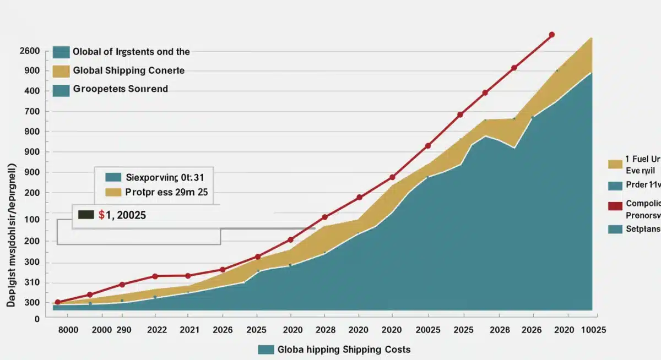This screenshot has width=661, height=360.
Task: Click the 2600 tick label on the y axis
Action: (x=29, y=51)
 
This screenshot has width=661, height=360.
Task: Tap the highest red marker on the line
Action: (x=552, y=35)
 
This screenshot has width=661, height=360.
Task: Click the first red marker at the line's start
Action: (x=57, y=302)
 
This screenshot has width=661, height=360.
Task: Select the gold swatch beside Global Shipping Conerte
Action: (x=62, y=71)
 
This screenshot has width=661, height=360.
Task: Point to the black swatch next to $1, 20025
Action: (x=86, y=215)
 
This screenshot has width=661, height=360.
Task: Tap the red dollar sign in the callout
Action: (x=101, y=215)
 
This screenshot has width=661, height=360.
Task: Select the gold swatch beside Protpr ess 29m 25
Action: (x=112, y=193)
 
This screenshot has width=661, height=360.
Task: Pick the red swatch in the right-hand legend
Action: (x=615, y=206)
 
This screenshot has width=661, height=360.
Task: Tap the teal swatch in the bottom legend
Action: (x=266, y=350)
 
